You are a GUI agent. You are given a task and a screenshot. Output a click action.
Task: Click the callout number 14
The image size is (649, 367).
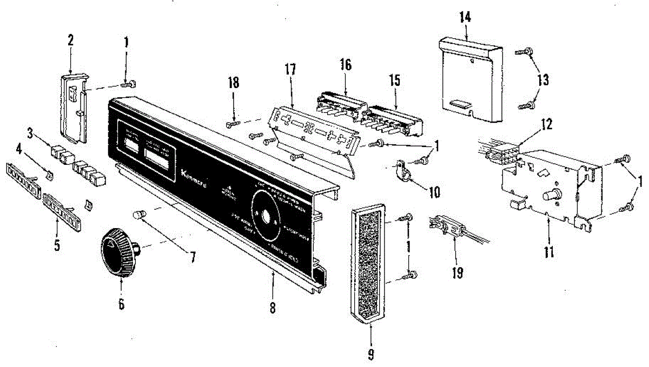[x=465, y=17]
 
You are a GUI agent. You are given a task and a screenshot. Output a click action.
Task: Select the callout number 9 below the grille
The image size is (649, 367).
[x=370, y=355]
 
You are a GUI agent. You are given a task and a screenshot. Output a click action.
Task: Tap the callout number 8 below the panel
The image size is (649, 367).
[x=273, y=308]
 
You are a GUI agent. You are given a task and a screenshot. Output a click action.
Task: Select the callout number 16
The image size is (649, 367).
[x=346, y=65]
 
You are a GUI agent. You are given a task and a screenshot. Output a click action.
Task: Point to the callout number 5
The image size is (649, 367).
[x=56, y=247]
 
